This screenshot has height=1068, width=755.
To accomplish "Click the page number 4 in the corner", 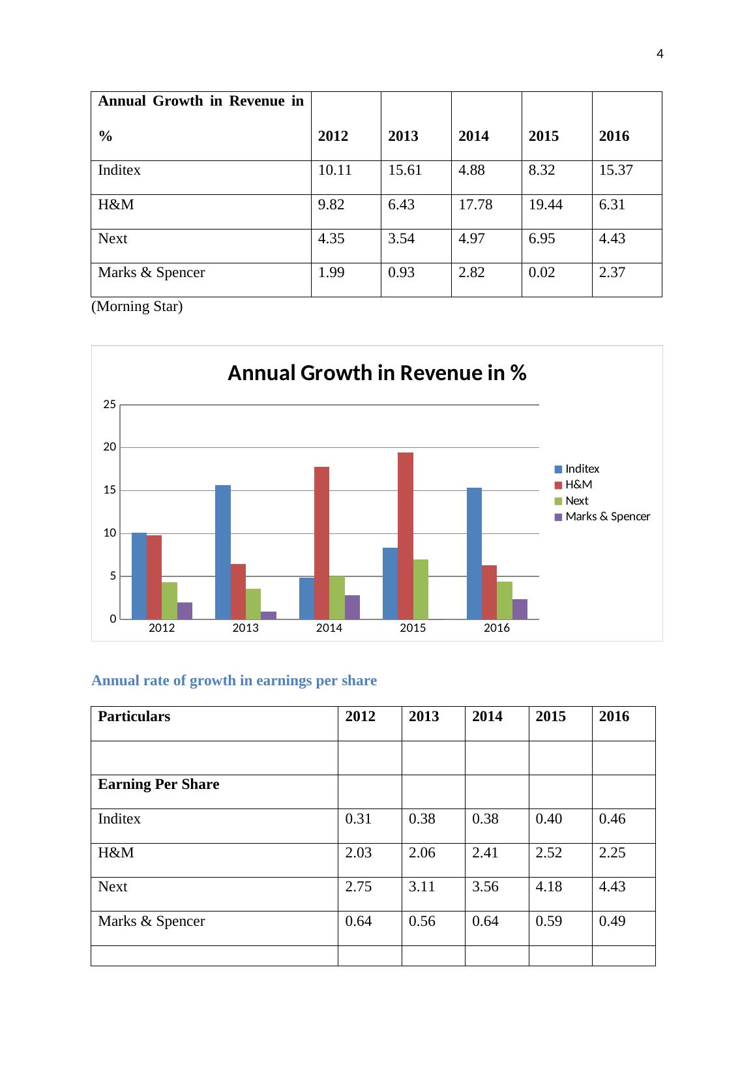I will [660, 54].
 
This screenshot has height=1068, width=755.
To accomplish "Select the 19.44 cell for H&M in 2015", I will [543, 205].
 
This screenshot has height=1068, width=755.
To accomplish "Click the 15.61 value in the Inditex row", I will [405, 171].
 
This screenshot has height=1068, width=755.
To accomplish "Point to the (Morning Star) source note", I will [137, 306].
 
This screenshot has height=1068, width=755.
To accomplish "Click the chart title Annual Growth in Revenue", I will [377, 374].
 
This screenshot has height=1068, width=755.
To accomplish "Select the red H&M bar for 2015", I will [405, 535].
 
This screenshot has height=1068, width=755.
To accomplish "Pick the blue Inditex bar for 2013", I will [222, 552].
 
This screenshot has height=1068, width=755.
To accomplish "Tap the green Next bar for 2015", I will [421, 589].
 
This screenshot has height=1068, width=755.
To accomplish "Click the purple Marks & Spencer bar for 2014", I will [352, 607].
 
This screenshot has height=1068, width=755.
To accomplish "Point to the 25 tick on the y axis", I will [110, 405].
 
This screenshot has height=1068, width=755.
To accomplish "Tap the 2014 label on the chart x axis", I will [329, 628].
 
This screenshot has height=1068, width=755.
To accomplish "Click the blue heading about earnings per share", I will [234, 681].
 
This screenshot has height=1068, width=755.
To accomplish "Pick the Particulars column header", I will [134, 717].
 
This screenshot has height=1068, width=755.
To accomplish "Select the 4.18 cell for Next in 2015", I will [548, 887].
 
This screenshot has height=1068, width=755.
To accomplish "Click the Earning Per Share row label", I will [158, 784].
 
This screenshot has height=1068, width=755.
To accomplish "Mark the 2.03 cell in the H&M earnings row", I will [358, 853].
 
